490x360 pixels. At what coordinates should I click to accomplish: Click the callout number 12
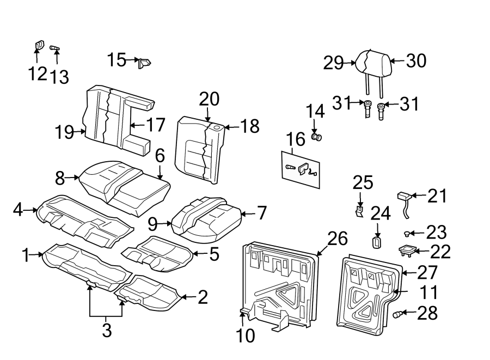[38, 73]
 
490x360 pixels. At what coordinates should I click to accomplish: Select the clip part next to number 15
[144, 63]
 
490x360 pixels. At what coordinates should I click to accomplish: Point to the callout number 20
[209, 99]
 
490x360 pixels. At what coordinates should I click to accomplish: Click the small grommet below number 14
[316, 137]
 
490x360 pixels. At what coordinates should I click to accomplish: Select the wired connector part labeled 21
[404, 198]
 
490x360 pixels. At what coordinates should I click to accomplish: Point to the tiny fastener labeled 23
[407, 234]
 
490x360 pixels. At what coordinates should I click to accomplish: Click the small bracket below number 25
[359, 210]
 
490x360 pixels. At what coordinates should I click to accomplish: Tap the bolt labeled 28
[399, 314]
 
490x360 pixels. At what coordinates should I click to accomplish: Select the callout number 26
[338, 238]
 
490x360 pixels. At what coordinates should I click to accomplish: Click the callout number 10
[246, 335]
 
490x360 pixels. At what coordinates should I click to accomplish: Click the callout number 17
[155, 125]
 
